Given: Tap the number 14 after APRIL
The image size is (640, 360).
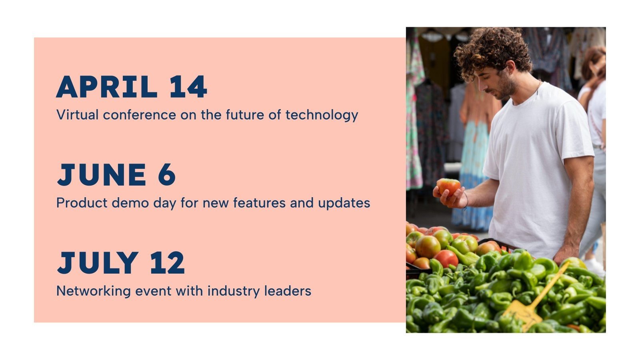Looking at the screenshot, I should (x=188, y=87).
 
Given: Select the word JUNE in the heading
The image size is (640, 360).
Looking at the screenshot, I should (x=102, y=175).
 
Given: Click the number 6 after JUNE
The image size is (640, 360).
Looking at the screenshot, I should (x=167, y=175).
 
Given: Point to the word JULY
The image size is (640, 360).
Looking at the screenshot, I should (x=98, y=263).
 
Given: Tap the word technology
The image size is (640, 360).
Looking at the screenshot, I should (x=322, y=116).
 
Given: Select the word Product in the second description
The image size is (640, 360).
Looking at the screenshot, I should (x=82, y=203).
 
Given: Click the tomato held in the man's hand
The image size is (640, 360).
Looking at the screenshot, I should (x=448, y=186).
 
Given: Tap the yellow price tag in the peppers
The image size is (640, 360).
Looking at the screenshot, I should (x=522, y=312).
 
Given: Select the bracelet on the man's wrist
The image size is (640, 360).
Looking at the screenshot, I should (x=466, y=200).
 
